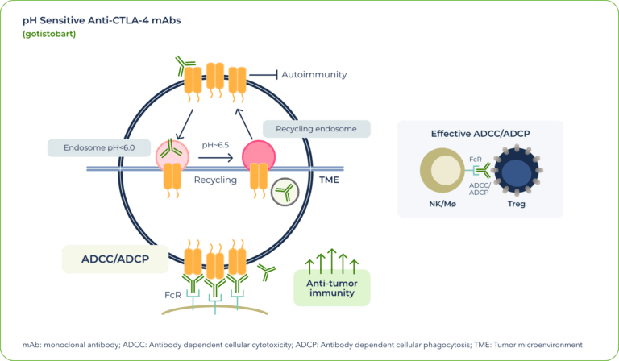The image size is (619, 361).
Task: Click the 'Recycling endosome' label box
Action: (317, 129)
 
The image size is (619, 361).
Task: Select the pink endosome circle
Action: (259, 155)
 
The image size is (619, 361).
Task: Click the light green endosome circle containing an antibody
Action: (172, 154)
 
